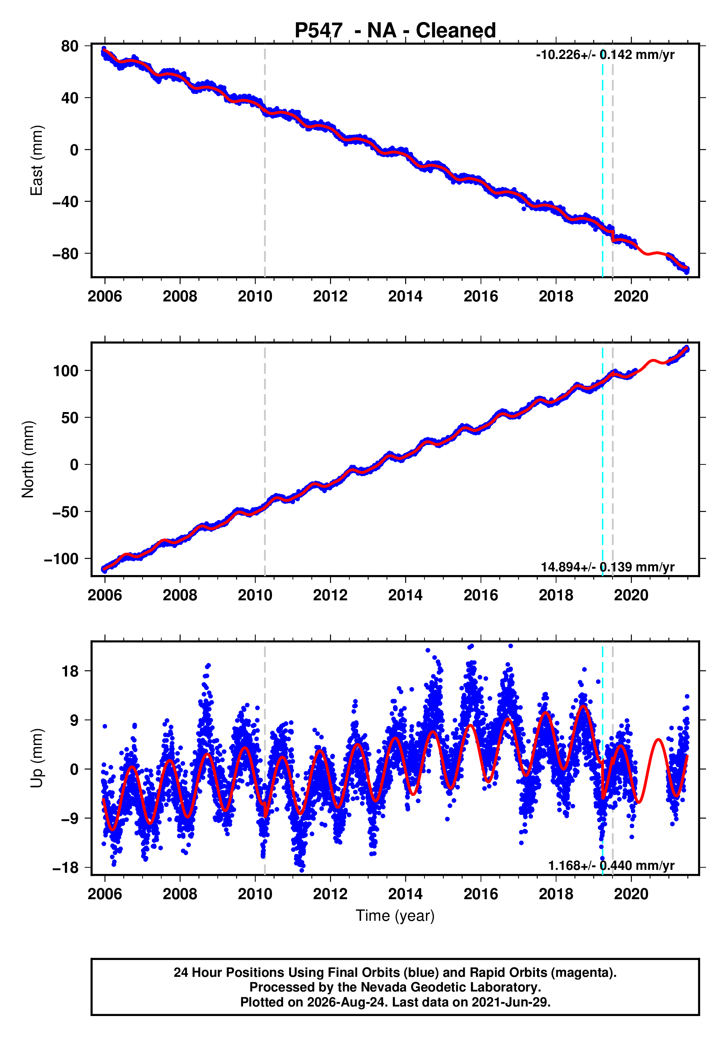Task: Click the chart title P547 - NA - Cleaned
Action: click(x=395, y=30)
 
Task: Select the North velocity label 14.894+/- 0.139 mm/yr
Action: click(x=608, y=567)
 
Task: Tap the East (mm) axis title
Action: click(x=36, y=160)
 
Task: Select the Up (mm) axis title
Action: click(x=36, y=758)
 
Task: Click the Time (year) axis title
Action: click(x=395, y=915)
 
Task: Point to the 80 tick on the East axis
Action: click(x=70, y=46)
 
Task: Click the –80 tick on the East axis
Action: click(x=65, y=253)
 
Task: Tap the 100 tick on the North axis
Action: click(x=66, y=371)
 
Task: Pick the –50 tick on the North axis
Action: click(x=65, y=512)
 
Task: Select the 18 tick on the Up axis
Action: click(x=70, y=671)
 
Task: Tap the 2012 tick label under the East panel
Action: click(x=330, y=297)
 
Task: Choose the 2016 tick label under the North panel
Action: click(x=481, y=596)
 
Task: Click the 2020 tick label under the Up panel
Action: click(x=631, y=894)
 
